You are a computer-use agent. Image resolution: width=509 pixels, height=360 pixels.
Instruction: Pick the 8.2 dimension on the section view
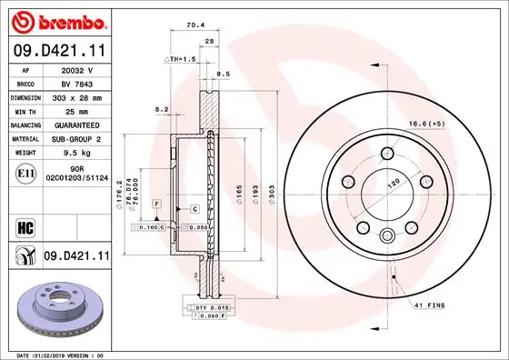coord(163,109)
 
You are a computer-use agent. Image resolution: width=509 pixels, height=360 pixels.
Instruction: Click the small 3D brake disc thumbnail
coord(56,309)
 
